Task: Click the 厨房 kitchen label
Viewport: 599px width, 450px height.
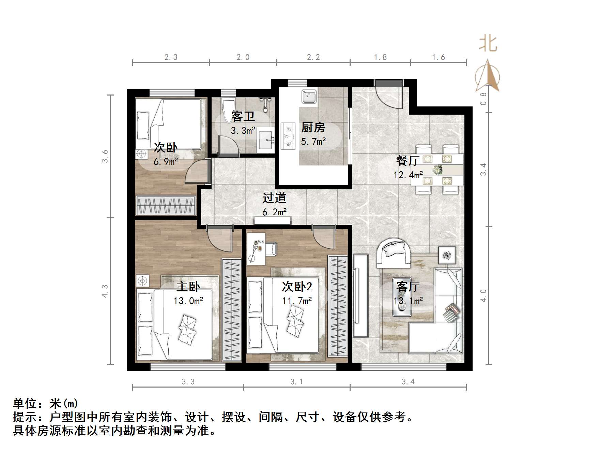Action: (x=313, y=127)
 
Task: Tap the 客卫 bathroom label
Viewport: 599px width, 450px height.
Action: (x=243, y=116)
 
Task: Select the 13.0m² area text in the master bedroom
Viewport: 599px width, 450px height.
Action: (x=188, y=301)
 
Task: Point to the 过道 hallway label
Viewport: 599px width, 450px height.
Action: (x=274, y=198)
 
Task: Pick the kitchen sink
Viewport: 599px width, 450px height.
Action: (x=309, y=96)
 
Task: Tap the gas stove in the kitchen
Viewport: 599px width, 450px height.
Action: (x=288, y=136)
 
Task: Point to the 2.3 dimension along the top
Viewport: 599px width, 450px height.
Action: (x=171, y=57)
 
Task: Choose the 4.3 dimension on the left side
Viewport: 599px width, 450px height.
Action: (x=105, y=291)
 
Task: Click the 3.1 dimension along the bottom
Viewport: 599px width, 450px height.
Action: (x=296, y=381)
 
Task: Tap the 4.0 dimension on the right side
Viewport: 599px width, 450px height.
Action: (x=483, y=295)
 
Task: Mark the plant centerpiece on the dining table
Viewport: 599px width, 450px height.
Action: (x=437, y=169)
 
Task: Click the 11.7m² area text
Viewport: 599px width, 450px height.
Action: (x=297, y=301)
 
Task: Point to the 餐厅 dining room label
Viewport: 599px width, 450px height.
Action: (x=408, y=160)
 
